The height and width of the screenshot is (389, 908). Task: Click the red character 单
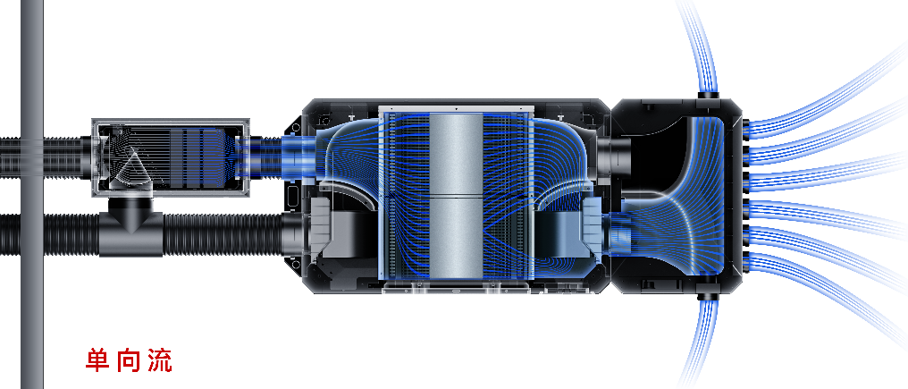(x=98, y=360)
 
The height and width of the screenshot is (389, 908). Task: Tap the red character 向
(x=128, y=360)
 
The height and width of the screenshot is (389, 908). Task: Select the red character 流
(x=159, y=360)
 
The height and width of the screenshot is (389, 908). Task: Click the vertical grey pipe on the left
(x=32, y=194)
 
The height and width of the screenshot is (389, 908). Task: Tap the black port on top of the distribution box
(x=707, y=95)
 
